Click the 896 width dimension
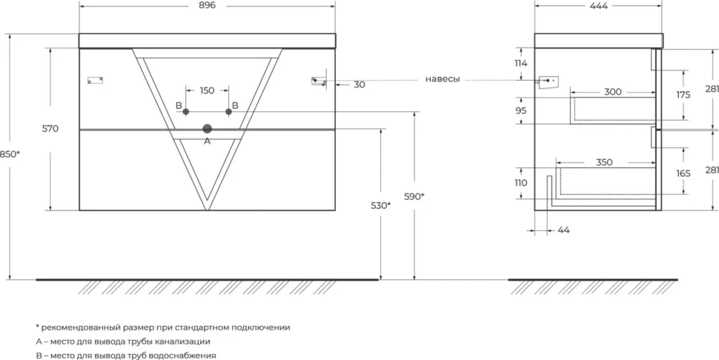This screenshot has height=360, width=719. click(208, 5)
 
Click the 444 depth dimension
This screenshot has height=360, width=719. click(599, 5)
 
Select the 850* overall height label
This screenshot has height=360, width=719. click(10, 154)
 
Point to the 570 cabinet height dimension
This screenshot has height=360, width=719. click(50, 129)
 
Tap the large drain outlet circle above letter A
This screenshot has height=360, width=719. click(208, 129)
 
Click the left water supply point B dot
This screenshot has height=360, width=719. click(186, 112)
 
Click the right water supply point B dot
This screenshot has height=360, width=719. click(229, 112)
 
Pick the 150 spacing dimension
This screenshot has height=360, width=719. click(207, 90)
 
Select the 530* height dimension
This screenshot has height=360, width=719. click(380, 206)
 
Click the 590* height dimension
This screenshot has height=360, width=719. click(414, 196)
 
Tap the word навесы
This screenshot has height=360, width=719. click(443, 79)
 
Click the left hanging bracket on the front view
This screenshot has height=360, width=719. click(96, 80)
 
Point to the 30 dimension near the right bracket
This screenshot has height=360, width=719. click(359, 84)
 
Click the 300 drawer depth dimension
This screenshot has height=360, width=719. click(612, 92)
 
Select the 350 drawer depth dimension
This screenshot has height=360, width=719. click(604, 163)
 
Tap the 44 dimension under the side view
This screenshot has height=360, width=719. click(564, 230)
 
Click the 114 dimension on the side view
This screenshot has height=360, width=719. click(521, 63)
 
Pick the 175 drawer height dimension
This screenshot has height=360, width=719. click(683, 95)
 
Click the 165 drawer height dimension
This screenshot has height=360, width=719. click(683, 173)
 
